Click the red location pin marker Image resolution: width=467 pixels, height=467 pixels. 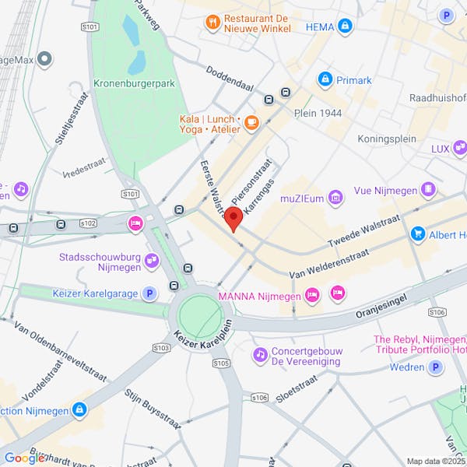click(x=233, y=219)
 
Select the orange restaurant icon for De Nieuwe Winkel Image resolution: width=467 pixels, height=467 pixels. click(x=212, y=23)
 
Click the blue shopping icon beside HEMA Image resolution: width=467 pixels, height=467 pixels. click(x=346, y=26)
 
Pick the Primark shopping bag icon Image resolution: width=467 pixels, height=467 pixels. click(x=325, y=79)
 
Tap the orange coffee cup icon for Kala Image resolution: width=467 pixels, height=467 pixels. click(x=251, y=122)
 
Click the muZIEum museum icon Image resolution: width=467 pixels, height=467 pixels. click(x=335, y=198)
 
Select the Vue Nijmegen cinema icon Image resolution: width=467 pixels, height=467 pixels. click(x=427, y=189)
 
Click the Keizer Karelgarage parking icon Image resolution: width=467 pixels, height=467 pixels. click(x=149, y=293)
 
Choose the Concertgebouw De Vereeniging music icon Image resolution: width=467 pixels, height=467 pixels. click(x=260, y=355)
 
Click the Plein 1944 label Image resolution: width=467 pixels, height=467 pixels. click(x=318, y=113)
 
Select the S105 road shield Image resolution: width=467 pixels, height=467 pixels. click(x=221, y=363)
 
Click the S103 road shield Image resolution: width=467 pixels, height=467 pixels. click(x=161, y=347)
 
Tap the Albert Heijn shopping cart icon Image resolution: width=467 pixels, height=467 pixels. click(x=418, y=234)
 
